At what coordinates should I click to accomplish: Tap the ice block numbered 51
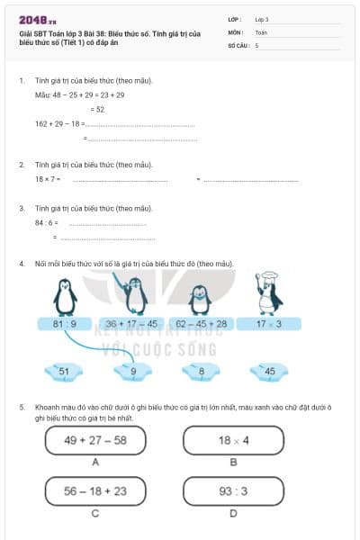64,370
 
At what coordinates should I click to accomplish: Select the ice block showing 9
133,370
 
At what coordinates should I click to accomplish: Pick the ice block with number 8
202,370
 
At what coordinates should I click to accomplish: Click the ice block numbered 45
269,370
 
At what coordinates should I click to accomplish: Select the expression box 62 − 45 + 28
201,324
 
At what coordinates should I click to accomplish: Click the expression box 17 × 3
268,324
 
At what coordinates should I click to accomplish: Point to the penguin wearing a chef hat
267,291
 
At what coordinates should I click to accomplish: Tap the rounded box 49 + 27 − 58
94,440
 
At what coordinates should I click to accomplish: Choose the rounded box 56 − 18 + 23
94,491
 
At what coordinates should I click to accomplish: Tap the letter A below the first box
94,462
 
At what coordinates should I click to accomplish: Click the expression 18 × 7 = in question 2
48,179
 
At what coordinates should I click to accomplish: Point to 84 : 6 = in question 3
47,222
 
